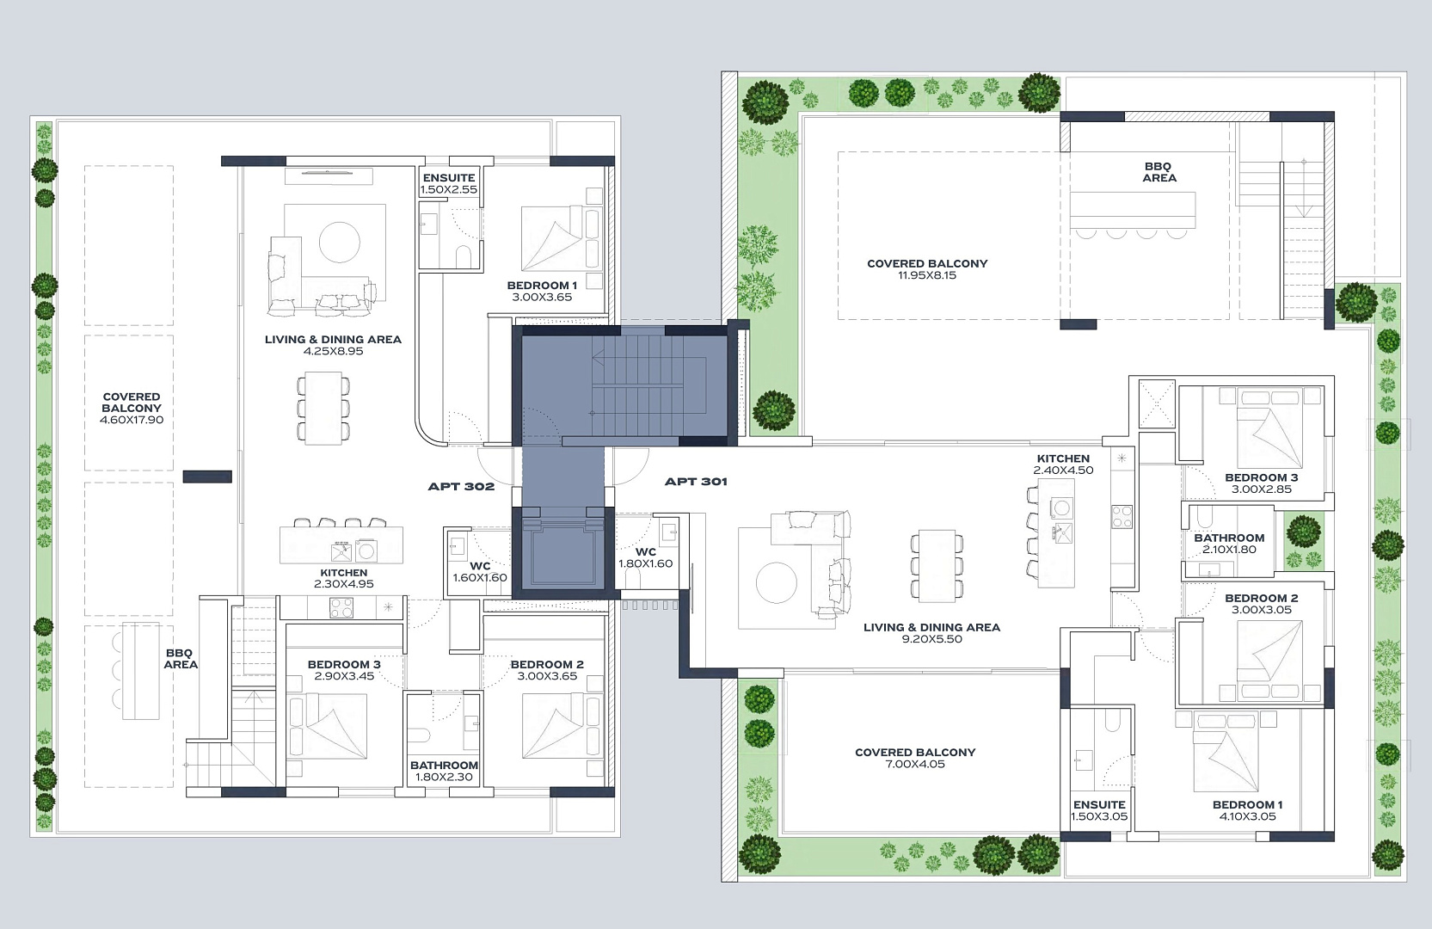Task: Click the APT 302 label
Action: pos(461,487)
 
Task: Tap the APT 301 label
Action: pos(696,482)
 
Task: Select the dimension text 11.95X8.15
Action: pos(927,275)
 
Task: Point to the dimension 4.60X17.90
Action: pos(132,420)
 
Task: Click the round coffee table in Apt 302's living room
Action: pos(340,243)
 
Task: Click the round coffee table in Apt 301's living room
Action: pos(776,582)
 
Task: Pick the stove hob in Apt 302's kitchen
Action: pos(341,607)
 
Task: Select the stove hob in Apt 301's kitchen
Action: pos(1122,517)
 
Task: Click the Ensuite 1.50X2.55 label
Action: pos(449,183)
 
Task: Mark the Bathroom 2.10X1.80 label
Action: pos(1229,544)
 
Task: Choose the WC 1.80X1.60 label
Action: pos(646,557)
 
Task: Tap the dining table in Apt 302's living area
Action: pos(323,408)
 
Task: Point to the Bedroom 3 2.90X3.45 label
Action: pos(344,670)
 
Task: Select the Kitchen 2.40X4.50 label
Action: pos(1063,464)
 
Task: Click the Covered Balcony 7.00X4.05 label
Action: pos(915,759)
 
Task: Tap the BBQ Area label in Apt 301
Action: pos(1159,172)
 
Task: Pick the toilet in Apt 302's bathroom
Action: pos(421,735)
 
